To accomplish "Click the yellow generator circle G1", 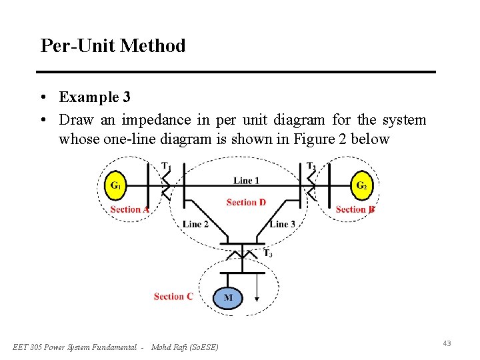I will [x=115, y=185].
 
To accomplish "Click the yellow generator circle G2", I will [x=361, y=185].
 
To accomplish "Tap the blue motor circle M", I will [x=228, y=297].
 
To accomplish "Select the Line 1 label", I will [x=246, y=181].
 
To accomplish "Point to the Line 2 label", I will [x=195, y=224].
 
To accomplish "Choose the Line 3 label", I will [x=283, y=224].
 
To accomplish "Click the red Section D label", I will [x=246, y=203].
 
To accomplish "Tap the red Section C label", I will [x=173, y=296].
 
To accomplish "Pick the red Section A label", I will [x=129, y=209].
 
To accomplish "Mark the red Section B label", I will [x=355, y=209].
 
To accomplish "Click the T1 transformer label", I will [x=166, y=165].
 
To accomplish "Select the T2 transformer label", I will [x=311, y=165].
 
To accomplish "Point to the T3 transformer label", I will [x=267, y=253].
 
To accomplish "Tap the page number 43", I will [x=447, y=343].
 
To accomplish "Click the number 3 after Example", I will [x=127, y=97].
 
